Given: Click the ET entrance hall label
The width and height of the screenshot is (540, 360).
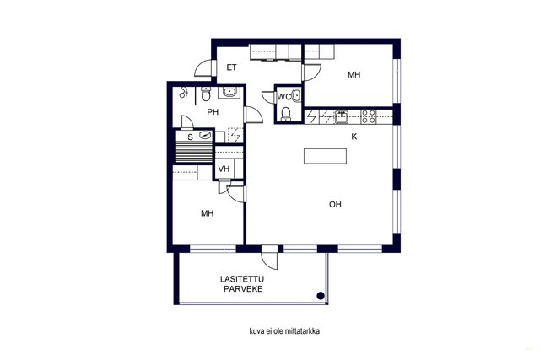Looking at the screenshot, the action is pyautogui.click(x=231, y=67).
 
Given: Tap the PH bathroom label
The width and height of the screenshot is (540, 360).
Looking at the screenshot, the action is pyautogui.click(x=213, y=112).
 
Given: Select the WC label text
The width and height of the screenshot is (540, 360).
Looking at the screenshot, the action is pyautogui.click(x=284, y=98).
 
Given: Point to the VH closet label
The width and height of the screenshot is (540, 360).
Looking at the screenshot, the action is pyautogui.click(x=224, y=169).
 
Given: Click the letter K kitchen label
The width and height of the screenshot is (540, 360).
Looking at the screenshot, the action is pyautogui.click(x=354, y=137).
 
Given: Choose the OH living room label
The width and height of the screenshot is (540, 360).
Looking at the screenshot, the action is pyautogui.click(x=335, y=204).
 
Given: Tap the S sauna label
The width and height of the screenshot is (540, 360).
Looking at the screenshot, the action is pyautogui.click(x=190, y=137).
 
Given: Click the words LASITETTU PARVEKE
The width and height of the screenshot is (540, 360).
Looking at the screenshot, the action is pyautogui.click(x=242, y=284).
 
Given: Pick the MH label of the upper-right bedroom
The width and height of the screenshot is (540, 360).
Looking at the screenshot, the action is pyautogui.click(x=354, y=75).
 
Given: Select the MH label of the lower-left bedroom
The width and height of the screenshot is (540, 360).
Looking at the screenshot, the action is pyautogui.click(x=208, y=213).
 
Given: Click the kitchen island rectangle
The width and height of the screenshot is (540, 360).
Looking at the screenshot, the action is pyautogui.click(x=325, y=156).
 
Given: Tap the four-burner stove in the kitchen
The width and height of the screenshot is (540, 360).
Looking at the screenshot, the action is pyautogui.click(x=368, y=116).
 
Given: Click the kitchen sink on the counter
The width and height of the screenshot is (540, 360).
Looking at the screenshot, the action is pyautogui.click(x=341, y=116).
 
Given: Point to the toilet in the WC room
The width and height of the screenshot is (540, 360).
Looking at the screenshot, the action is pyautogui.click(x=286, y=114).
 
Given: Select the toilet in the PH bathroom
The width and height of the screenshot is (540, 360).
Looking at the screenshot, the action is pyautogui.click(x=206, y=94).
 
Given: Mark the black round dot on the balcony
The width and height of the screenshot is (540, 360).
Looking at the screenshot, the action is pyautogui.click(x=321, y=295).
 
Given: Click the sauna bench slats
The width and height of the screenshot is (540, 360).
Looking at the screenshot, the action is pyautogui.click(x=193, y=151).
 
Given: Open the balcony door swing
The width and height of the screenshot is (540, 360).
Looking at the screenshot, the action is pyautogui.click(x=269, y=257).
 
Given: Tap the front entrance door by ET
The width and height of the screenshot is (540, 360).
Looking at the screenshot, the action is pyautogui.click(x=204, y=68).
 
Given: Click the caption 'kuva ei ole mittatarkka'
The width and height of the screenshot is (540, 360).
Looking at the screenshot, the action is pyautogui.click(x=284, y=331).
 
